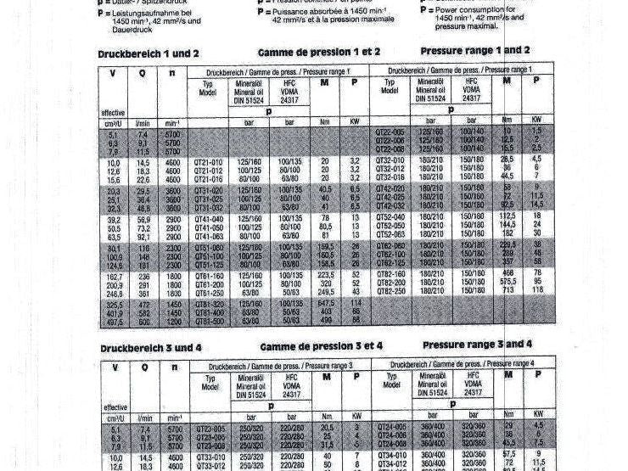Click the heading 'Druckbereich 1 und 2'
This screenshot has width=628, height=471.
(149, 53)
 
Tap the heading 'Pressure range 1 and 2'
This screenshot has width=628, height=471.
(475, 51)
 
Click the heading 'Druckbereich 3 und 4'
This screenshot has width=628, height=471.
(149, 348)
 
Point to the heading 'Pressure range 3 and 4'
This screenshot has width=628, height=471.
(477, 345)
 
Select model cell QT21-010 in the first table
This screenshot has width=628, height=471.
(209, 160)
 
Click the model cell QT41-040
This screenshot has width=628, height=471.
(209, 219)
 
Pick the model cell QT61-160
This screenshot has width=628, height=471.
(209, 276)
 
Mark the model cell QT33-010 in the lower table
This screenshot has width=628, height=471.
(209, 456)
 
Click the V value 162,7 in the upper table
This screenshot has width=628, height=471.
(113, 277)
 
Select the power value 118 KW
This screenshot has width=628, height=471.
(536, 289)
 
